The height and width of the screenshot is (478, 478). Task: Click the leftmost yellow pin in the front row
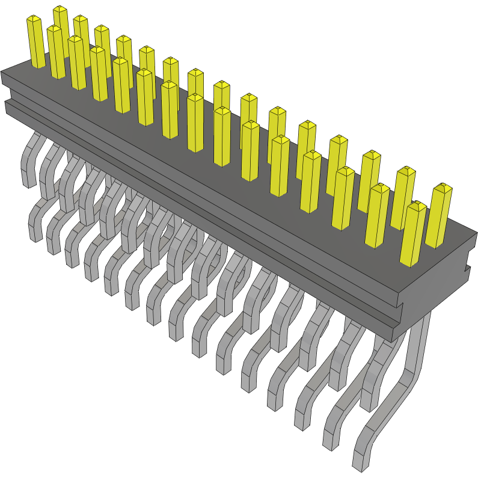56,53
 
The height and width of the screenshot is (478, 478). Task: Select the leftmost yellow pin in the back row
35,42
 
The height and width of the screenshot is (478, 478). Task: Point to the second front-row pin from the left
77,63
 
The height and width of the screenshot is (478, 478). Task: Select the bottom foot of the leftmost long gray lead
35,231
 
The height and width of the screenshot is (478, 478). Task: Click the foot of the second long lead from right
332,438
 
